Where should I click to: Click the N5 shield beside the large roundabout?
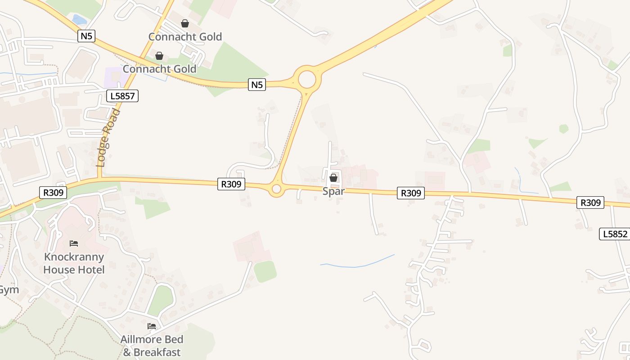coord(256,84)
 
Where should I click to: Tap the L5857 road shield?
coord(122,95)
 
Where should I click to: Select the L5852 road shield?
coord(615,234)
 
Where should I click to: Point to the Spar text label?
coord(333,191)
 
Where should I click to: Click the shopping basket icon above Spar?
coord(333,178)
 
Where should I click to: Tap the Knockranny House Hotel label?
coord(74,263)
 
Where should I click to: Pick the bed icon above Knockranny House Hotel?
coord(74,243)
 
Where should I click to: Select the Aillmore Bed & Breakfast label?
coord(152,346)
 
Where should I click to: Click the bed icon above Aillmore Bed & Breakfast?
coord(152,326)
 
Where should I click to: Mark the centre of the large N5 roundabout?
coord(307,80)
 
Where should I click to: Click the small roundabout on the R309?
coord(277,189)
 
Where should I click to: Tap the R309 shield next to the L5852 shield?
coord(590,202)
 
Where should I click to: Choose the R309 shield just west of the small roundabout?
coord(231,184)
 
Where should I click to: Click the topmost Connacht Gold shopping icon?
coord(185,23)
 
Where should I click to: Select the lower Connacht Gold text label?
coord(159,69)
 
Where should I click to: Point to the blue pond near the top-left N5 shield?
coord(80,20)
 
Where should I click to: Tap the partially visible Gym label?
coord(8,290)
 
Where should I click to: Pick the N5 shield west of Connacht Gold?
coord(86,36)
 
